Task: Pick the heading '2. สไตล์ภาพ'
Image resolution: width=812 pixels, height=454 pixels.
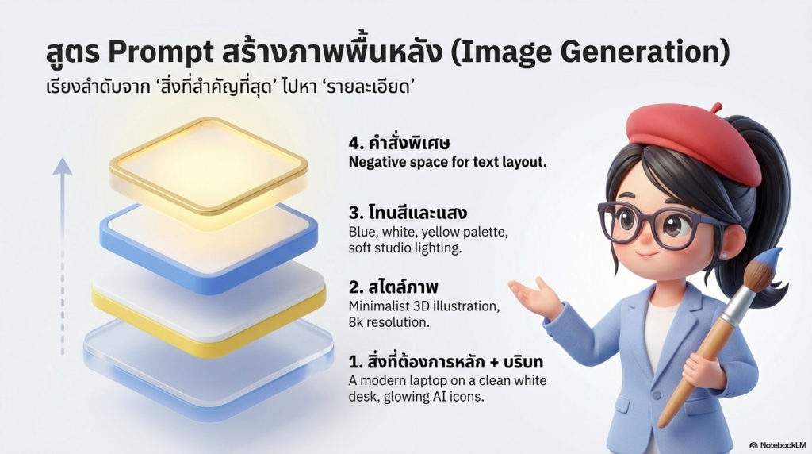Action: (x=393, y=285)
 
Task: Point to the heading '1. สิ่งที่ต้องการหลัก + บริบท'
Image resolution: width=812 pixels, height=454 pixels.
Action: (x=446, y=362)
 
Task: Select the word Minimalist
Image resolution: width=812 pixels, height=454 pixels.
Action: (x=379, y=306)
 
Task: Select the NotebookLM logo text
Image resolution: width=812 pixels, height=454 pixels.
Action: (x=779, y=445)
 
